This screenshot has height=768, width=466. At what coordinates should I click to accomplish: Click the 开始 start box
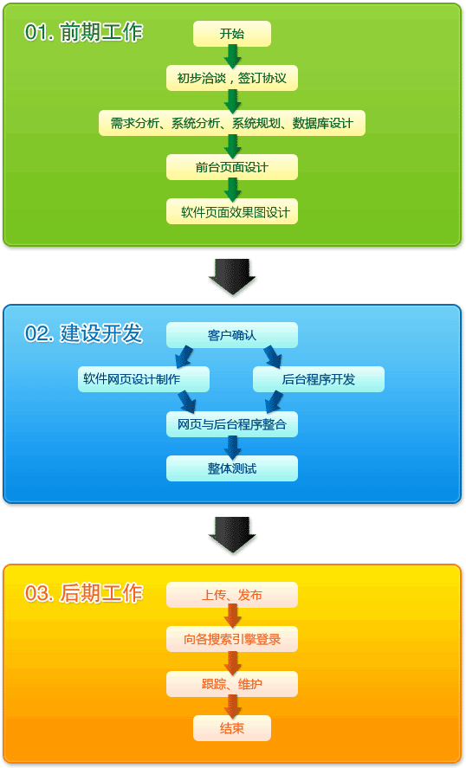tap(232, 34)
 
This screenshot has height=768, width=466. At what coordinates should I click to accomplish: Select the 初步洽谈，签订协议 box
tap(232, 78)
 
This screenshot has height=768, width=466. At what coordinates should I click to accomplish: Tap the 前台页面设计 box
tap(232, 167)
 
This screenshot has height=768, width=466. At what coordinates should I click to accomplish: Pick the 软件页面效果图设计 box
tap(232, 211)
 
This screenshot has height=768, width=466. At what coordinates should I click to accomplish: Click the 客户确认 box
tap(232, 335)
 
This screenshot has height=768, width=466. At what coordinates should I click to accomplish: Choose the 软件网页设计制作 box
tap(144, 379)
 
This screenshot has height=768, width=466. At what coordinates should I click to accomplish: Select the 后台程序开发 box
tap(319, 379)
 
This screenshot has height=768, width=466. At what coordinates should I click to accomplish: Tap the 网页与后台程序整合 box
tap(232, 424)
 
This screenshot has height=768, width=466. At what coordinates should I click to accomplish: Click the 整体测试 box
tap(232, 468)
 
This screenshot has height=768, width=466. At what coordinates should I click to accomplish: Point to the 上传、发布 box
tap(232, 595)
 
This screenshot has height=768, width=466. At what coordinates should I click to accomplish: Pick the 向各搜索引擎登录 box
tap(232, 639)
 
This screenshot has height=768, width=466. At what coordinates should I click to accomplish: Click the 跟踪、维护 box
tap(232, 684)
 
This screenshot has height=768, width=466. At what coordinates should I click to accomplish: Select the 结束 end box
tap(232, 728)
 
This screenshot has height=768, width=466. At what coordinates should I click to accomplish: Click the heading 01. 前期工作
tap(84, 32)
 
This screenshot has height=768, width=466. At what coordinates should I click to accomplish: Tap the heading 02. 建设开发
tap(84, 333)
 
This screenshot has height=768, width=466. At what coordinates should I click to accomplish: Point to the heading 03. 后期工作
tap(84, 592)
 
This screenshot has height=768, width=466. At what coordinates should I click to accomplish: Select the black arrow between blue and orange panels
tap(232, 535)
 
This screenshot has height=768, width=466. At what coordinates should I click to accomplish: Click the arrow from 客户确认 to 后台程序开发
tap(273, 357)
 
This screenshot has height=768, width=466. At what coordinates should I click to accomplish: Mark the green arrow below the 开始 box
tap(232, 56)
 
